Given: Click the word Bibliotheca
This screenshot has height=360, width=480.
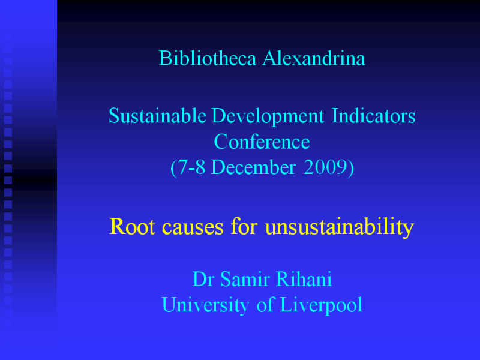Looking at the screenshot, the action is coord(207,58).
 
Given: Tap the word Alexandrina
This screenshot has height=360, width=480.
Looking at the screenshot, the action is coord(314,58).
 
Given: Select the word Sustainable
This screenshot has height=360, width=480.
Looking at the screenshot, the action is coord(157,116).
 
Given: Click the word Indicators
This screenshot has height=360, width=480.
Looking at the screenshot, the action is coord(373,116).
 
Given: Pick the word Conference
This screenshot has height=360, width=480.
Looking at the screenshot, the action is coord(262,142).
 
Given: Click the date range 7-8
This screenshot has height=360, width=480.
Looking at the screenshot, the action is coord(191,167).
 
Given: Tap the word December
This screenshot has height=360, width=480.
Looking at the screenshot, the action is coord(253,167).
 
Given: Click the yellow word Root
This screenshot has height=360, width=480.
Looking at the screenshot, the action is coord(132,227).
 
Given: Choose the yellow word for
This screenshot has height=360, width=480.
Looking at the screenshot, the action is coord(244,226).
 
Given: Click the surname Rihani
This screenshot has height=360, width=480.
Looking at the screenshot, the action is coord(304,279).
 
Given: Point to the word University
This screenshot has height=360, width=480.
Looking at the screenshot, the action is coord(205,305).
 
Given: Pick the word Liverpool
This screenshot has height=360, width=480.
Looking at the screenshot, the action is coord(321,305).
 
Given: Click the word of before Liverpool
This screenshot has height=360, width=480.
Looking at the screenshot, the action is coord(265,304).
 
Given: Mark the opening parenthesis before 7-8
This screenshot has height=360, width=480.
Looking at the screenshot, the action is coord(173,168).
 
